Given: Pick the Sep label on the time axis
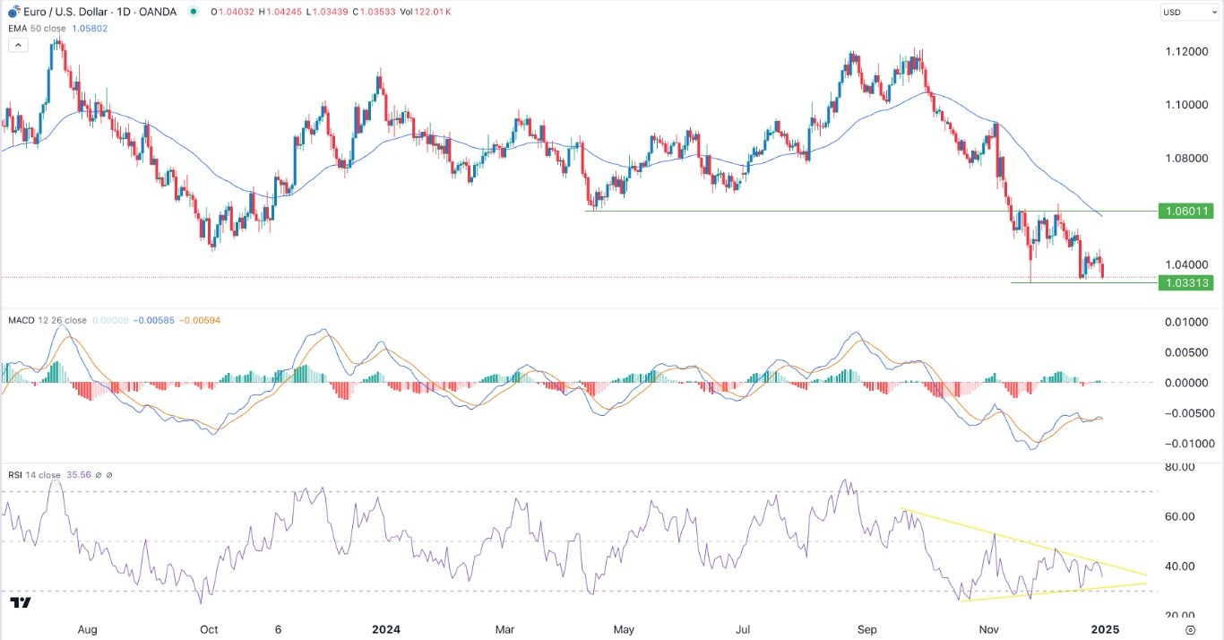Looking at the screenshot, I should tap(866, 628).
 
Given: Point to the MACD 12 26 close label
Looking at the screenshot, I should tap(47, 320).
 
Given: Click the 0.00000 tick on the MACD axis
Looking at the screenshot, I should tap(1183, 383).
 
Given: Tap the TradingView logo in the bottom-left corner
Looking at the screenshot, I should tap(21, 602).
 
